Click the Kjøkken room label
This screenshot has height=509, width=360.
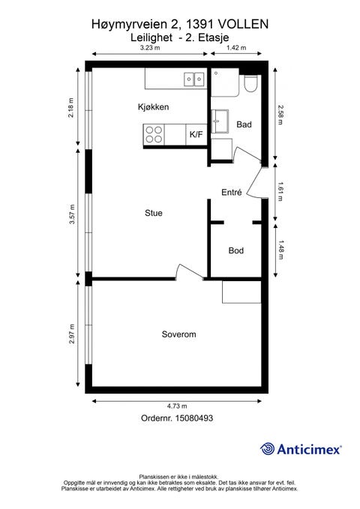tap(153, 106)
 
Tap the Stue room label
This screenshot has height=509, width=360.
tap(154, 213)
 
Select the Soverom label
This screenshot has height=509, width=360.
tap(178, 334)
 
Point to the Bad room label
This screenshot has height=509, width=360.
tap(244, 124)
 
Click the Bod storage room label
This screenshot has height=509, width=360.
tap(236, 250)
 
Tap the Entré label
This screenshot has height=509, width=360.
tap(232, 192)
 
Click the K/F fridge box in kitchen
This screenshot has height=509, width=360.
tap(196, 134)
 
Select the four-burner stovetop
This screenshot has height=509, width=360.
tap(154, 135)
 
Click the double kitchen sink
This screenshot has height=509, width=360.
tap(194, 79)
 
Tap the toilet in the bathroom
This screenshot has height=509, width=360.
tap(250, 84)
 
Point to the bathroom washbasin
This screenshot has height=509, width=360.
tap(220, 121)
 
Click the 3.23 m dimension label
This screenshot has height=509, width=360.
tap(150, 48)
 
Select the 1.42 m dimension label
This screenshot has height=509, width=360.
tap(236, 48)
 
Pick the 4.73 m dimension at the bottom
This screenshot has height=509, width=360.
tap(177, 406)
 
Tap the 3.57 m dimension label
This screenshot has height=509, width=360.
tap(72, 214)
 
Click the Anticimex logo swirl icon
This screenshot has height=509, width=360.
tap(267, 449)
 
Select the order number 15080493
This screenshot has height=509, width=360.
tap(194, 418)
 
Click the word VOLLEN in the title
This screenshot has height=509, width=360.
tap(243, 24)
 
